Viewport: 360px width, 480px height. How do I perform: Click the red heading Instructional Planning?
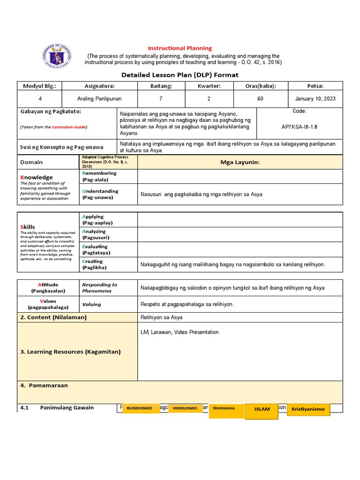coord(180,48)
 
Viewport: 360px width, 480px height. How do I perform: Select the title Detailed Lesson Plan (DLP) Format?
coord(180,75)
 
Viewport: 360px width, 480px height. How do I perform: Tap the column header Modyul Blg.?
coord(39,86)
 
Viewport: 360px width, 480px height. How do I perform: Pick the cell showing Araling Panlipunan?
coord(99,99)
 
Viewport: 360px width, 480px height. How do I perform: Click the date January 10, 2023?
coord(315,99)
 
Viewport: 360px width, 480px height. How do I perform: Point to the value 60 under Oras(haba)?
coord(260,99)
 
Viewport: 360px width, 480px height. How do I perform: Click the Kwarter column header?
coord(209,86)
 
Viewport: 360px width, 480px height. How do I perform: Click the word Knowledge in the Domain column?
coord(36,177)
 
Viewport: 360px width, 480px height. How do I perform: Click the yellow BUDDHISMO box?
coord(139,408)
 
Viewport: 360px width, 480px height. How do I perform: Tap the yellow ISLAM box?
coord(262,409)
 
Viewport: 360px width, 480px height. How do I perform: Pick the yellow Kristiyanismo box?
coord(308,409)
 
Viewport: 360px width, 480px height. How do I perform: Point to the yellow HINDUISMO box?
coord(185,408)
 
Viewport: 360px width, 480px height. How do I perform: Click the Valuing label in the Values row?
coord(91,304)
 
